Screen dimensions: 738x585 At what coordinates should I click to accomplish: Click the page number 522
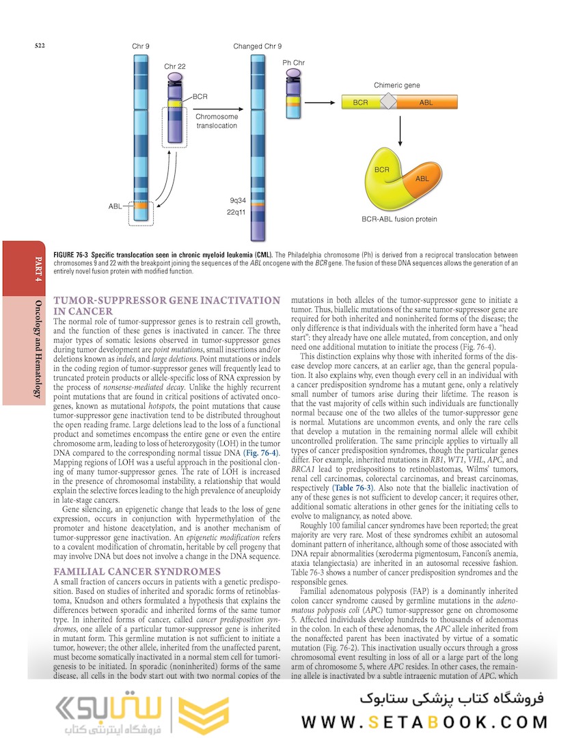[40, 46]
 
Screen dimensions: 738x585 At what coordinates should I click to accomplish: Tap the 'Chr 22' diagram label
[175, 66]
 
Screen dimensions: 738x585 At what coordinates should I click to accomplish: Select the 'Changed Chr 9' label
[257, 46]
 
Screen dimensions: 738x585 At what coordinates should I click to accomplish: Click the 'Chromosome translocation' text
[217, 121]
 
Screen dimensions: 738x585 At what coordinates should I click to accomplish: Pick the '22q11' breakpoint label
[238, 213]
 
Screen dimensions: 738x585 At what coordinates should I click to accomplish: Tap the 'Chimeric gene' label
[396, 85]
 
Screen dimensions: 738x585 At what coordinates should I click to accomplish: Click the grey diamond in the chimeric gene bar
[388, 102]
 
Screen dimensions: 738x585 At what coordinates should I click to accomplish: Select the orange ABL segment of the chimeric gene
[426, 102]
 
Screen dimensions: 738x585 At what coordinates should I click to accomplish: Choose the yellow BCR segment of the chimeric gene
[360, 102]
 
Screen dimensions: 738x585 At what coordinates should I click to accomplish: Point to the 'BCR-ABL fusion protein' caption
[399, 219]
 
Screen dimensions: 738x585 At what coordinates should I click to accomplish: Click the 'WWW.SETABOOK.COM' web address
[424, 722]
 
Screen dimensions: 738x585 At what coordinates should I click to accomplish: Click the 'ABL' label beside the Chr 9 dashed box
[115, 206]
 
